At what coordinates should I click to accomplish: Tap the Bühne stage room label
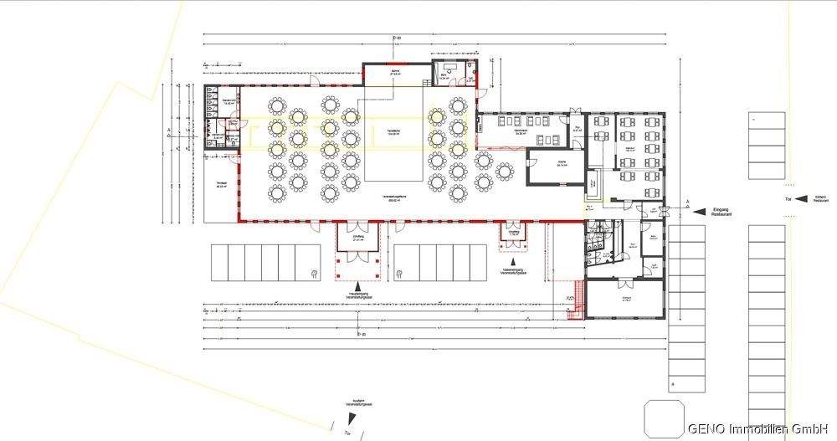(396, 74)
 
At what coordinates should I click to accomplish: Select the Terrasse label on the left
(221, 185)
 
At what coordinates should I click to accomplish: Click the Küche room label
(549, 164)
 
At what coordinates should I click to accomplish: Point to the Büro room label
(443, 74)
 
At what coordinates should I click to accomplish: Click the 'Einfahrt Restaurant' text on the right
(821, 199)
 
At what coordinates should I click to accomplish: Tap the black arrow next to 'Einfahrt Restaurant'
(798, 199)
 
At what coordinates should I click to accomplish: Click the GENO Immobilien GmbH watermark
(757, 428)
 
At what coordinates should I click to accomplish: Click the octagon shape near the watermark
(661, 417)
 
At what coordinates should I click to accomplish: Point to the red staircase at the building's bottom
(575, 300)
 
